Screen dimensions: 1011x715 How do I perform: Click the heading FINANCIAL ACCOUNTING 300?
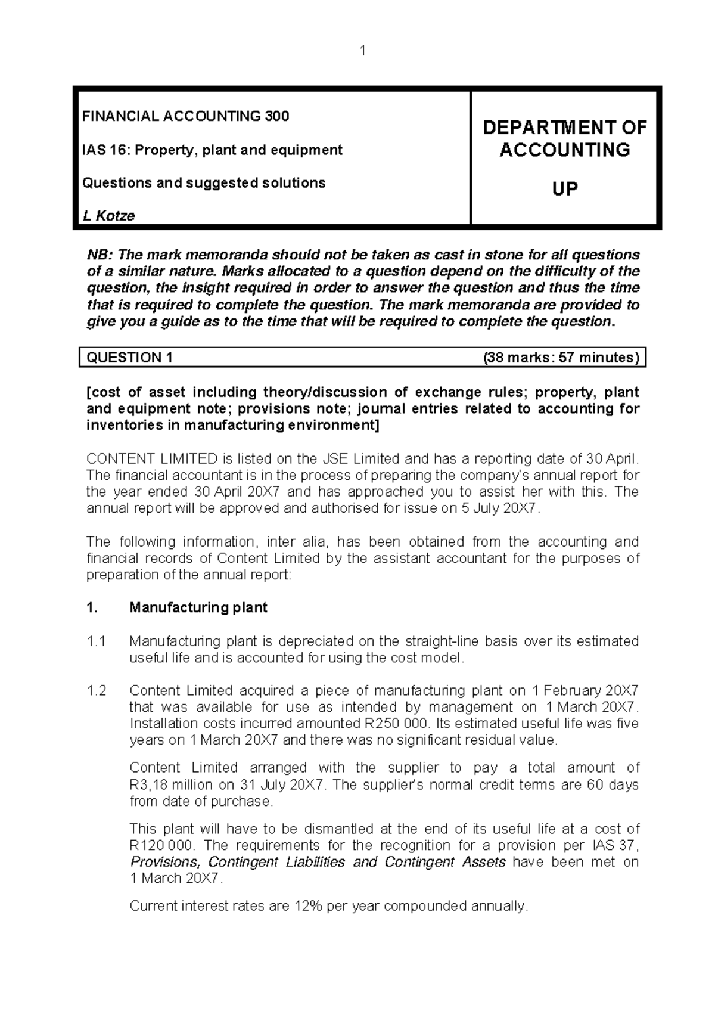[185, 116]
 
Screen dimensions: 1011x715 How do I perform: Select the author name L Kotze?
[108, 216]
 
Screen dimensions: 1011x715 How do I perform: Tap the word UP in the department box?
[564, 190]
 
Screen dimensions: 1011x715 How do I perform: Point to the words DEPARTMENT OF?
[564, 128]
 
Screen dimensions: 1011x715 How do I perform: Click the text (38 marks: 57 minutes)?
[561, 358]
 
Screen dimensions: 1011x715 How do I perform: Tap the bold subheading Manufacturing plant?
[198, 608]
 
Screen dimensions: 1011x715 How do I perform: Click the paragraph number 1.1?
[96, 641]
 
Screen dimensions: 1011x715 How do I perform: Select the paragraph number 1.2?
[96, 691]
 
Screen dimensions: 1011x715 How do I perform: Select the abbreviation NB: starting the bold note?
[100, 255]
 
